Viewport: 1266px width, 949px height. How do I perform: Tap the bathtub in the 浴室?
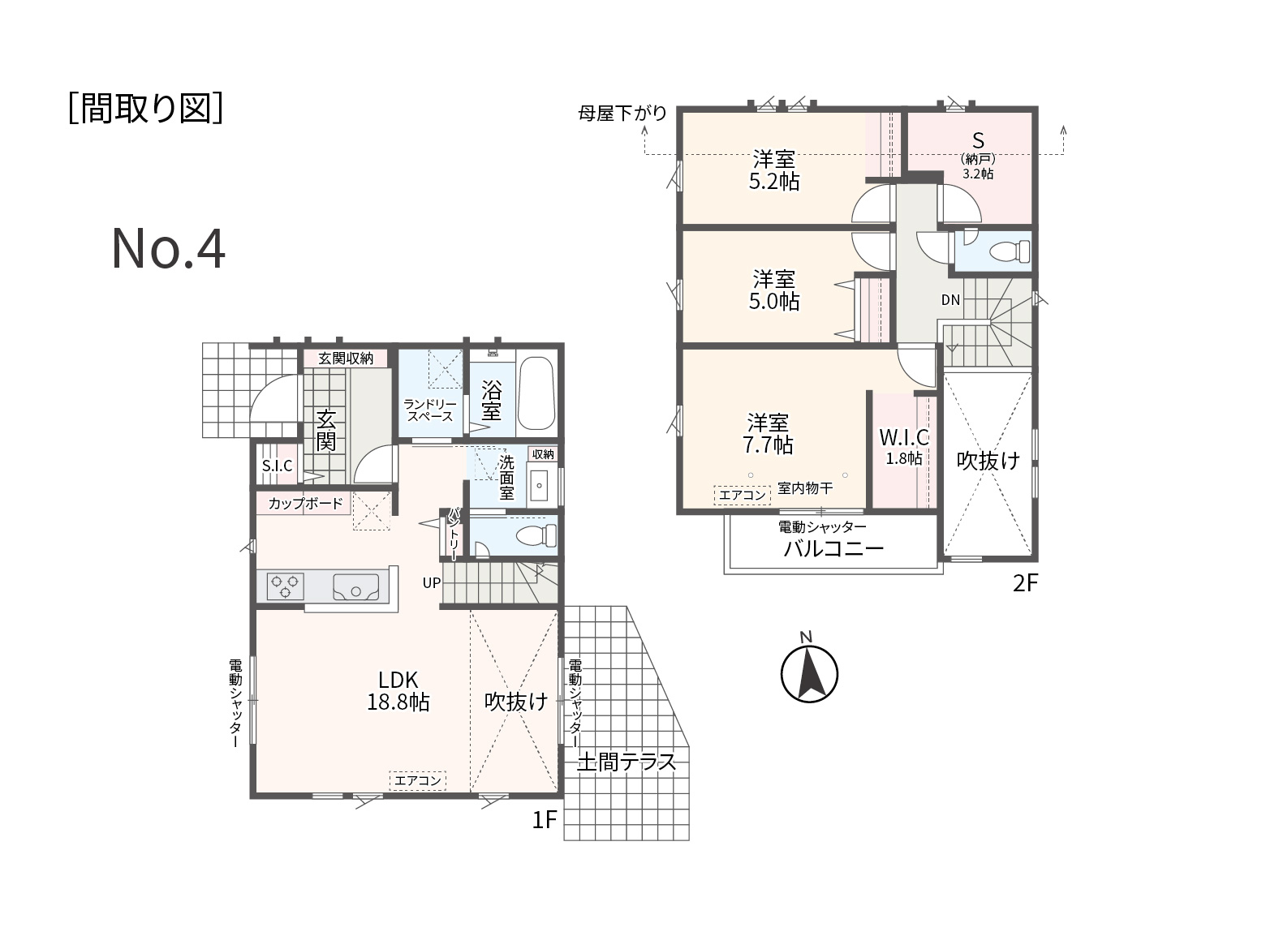536,393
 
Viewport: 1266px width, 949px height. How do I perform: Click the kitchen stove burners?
286,586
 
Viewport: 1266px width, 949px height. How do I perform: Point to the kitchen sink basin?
356,587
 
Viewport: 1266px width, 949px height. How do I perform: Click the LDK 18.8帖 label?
398,691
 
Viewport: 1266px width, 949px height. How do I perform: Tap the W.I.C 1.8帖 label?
904,447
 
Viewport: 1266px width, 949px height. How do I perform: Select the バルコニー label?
833,548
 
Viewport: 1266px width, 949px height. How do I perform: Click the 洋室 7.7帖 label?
768,434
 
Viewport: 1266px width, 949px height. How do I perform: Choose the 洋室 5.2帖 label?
774,170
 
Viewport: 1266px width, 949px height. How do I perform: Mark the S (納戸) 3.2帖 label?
978,156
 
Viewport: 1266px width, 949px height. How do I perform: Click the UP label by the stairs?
432,582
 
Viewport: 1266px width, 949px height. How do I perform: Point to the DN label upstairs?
950,299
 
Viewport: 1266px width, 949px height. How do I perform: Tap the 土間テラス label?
626,762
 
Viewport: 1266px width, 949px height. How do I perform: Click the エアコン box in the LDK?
418,781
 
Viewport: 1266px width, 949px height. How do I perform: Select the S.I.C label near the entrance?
277,466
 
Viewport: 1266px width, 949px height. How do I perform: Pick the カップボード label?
305,504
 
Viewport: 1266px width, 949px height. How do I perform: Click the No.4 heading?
168,249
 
